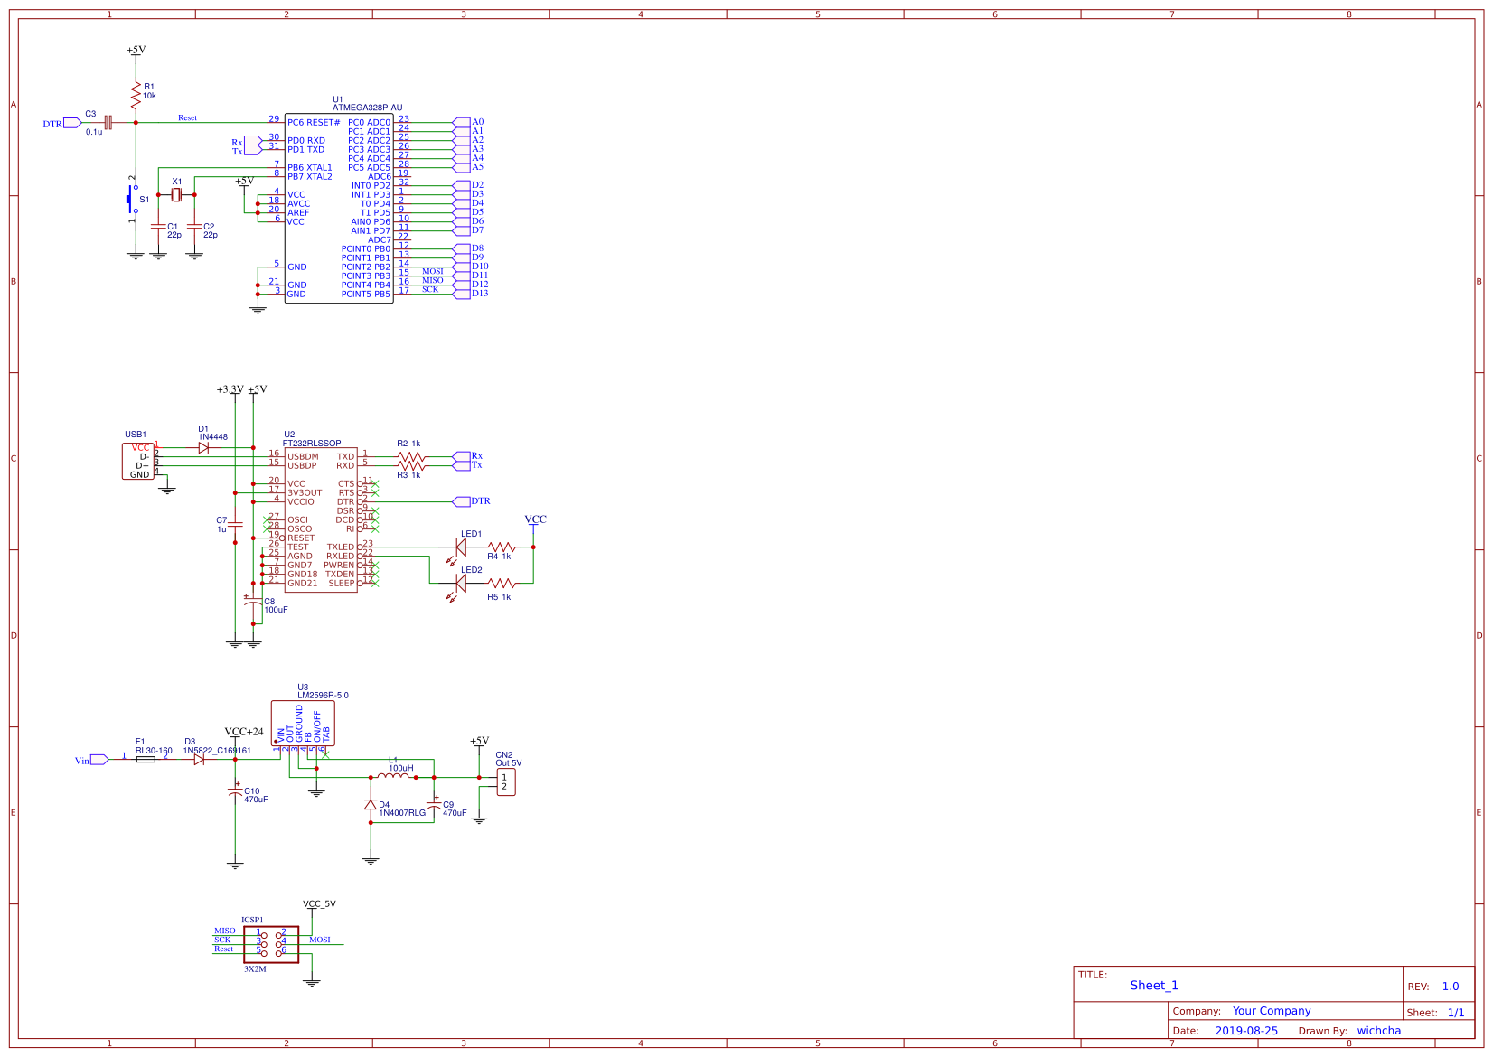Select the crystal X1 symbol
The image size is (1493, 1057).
tap(176, 195)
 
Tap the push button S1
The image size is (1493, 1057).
tap(132, 200)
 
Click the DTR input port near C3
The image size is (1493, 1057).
tap(72, 123)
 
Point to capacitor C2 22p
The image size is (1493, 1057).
tap(194, 226)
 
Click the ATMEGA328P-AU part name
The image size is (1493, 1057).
tap(367, 108)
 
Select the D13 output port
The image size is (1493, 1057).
tap(462, 294)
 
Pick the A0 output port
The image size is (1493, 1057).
tap(462, 122)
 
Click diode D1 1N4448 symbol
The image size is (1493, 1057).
tap(203, 447)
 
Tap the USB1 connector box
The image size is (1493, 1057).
tap(138, 462)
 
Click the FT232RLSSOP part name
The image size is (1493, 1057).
tap(312, 444)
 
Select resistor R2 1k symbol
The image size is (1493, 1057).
tap(410, 457)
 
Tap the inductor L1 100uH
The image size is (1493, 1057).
tap(393, 777)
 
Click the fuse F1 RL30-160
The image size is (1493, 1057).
tap(145, 760)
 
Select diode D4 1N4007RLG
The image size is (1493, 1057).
tap(370, 805)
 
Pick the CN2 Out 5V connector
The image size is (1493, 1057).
tap(506, 782)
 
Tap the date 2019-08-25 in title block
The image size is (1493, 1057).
tap(1246, 1031)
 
